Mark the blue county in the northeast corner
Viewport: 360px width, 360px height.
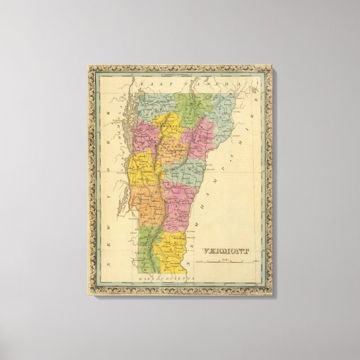click(221, 112)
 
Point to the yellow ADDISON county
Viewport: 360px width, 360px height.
click(140, 168)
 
